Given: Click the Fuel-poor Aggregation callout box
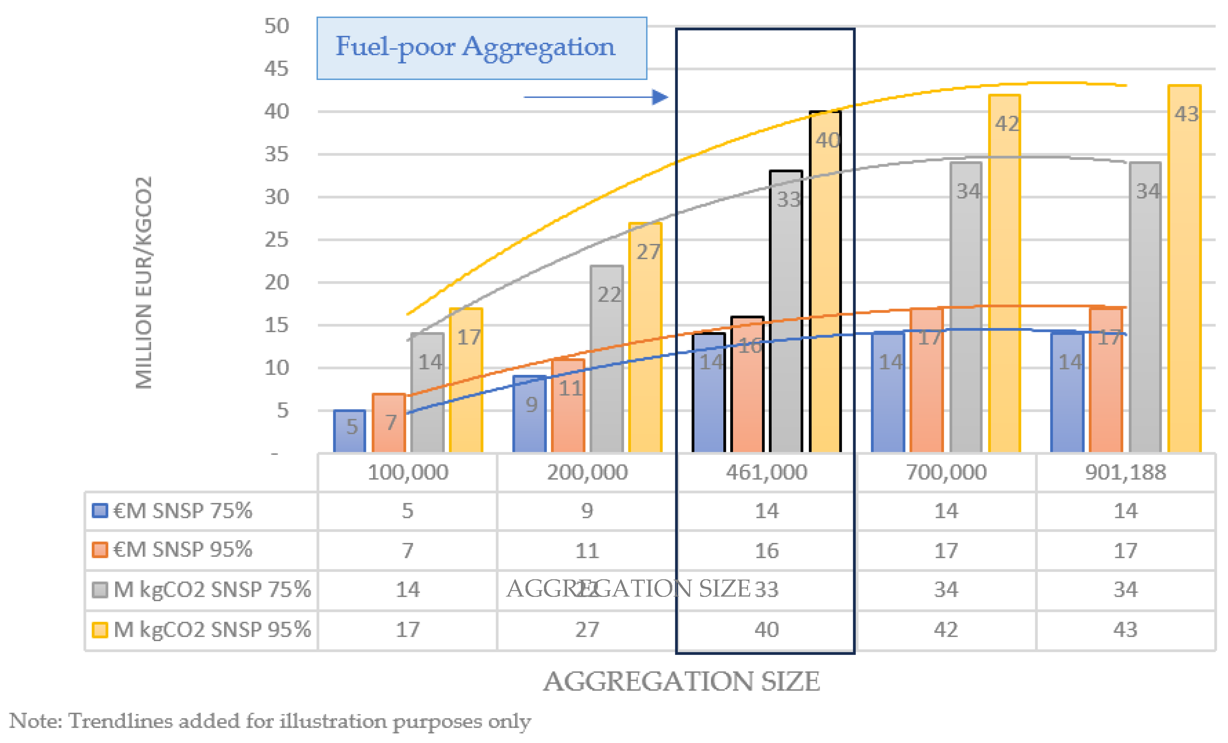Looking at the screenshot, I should (x=482, y=48).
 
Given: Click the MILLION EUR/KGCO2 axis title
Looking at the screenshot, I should (x=144, y=282).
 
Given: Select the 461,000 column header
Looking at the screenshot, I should (x=766, y=472).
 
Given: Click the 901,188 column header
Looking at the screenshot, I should (x=1125, y=472).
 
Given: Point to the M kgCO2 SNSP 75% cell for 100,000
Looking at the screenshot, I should (x=408, y=590).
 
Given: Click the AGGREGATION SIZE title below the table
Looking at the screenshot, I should (x=681, y=682).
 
